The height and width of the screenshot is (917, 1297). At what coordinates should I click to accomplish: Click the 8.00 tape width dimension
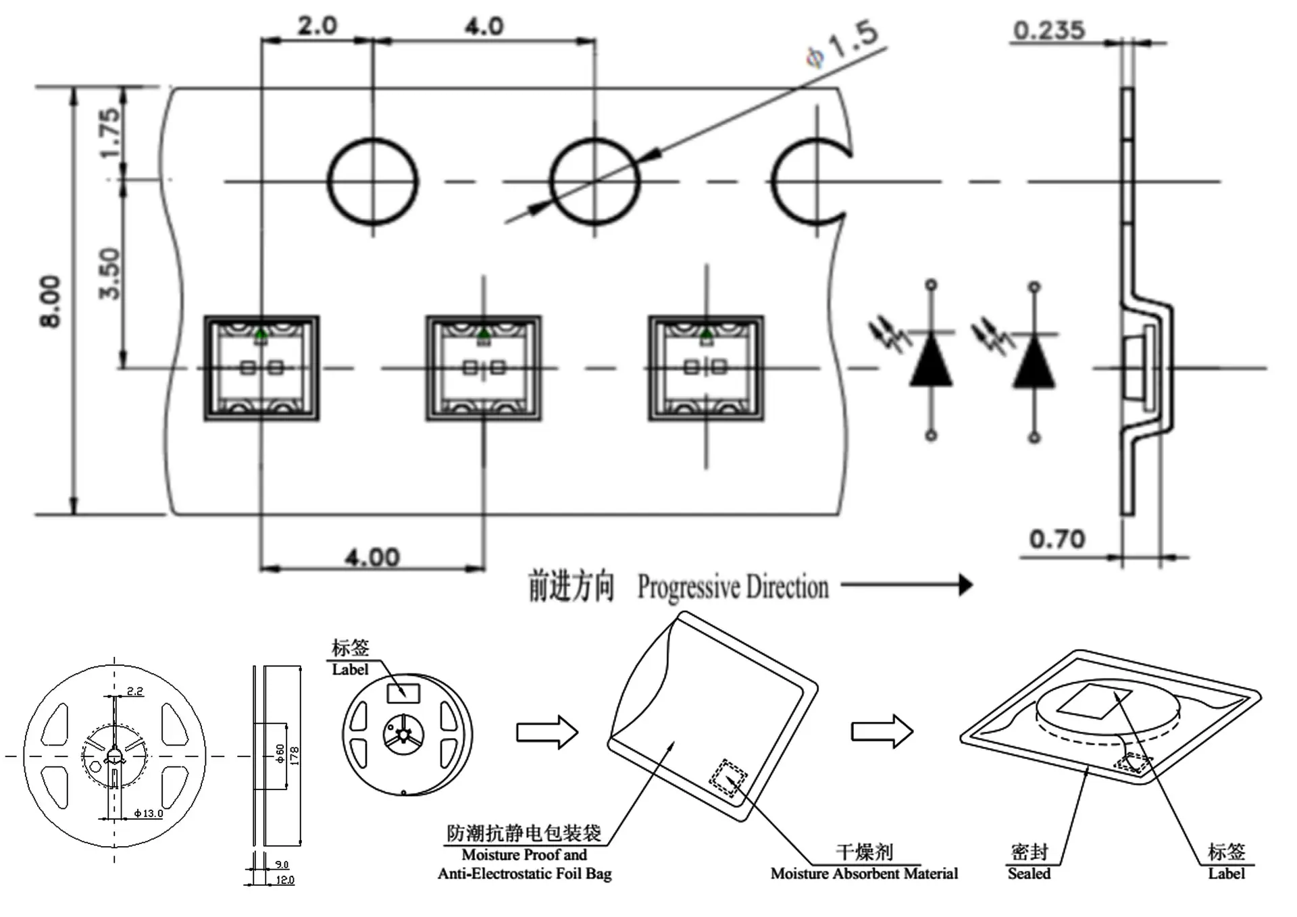[51, 302]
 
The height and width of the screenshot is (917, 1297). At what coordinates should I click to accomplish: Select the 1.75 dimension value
[110, 134]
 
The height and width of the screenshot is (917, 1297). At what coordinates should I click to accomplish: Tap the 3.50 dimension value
[110, 273]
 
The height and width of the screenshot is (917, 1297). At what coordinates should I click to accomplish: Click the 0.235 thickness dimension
[1049, 30]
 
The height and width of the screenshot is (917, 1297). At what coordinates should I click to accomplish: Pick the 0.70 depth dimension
[1057, 540]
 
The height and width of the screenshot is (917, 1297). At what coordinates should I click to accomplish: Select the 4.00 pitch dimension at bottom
[372, 558]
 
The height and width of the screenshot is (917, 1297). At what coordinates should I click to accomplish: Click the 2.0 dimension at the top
[317, 26]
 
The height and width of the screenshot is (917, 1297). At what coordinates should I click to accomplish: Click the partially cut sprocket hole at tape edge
[774, 182]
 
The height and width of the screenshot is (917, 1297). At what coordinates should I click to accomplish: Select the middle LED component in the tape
[484, 368]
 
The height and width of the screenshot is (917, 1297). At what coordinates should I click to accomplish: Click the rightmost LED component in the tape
[707, 368]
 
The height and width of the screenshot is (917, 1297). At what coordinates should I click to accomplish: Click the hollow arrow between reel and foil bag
[547, 732]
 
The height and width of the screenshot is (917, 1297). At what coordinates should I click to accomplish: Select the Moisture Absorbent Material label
[864, 874]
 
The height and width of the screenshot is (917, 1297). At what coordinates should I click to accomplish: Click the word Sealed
[1029, 874]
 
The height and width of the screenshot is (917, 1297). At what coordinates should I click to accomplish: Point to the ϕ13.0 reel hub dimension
[149, 814]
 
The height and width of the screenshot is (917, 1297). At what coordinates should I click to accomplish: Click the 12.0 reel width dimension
[285, 881]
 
